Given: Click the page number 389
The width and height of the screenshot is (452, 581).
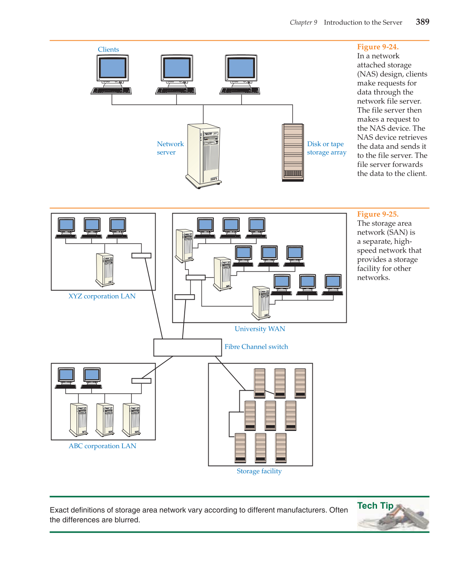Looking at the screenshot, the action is point(422,22).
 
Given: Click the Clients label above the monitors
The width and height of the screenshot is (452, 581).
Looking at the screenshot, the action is point(108,49).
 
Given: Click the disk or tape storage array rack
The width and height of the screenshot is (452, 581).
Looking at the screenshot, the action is point(293,152).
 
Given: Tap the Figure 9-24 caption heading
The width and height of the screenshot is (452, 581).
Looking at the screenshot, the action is point(377,47).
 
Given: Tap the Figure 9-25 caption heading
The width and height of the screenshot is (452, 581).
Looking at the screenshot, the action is point(377,214).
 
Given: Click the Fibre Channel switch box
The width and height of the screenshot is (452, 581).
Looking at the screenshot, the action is point(188,347).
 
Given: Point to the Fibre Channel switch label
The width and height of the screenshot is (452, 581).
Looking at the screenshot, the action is point(256,347).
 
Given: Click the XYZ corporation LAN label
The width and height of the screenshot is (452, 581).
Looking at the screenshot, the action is point(102,296).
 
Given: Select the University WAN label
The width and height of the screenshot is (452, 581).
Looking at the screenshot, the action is point(260,329).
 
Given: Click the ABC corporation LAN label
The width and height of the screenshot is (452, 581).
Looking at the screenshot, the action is point(102,446).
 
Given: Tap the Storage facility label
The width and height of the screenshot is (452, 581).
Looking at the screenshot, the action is point(259,471).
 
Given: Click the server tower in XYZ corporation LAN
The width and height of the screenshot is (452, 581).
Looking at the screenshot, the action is point(105,270).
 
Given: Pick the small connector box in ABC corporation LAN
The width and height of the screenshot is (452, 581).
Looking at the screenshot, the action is point(141,381).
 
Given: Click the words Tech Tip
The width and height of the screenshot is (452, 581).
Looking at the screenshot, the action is point(375,506).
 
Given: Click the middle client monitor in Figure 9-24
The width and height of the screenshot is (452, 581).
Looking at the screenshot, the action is point(177,69).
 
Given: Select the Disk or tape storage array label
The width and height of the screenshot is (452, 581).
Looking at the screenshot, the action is point(326,148).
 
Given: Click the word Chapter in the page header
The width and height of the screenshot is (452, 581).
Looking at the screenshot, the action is point(300,22).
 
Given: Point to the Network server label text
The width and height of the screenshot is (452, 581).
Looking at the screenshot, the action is point(170,148).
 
